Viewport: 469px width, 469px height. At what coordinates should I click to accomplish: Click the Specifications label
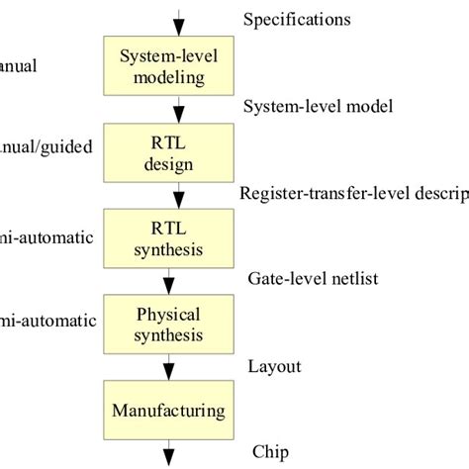(297, 19)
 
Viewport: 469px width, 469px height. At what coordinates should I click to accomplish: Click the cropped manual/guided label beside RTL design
(47, 147)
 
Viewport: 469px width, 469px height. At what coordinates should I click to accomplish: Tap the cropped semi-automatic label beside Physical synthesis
(47, 321)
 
